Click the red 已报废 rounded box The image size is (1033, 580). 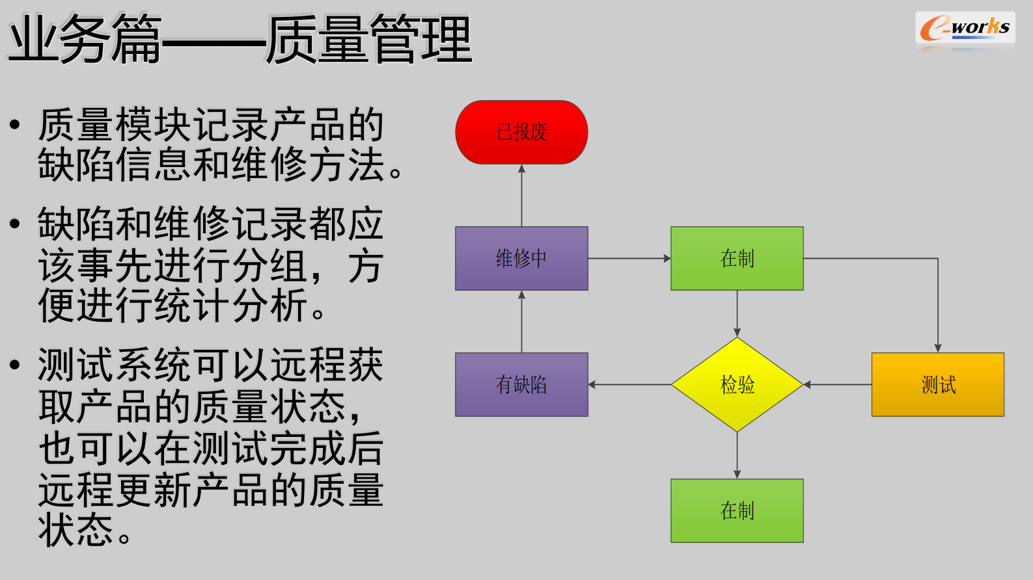pyautogui.click(x=521, y=132)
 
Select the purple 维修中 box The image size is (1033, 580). pyautogui.click(x=521, y=258)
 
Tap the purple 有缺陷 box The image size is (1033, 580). pyautogui.click(x=521, y=384)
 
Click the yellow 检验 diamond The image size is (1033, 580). pyautogui.click(x=737, y=384)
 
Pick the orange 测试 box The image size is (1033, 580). pyautogui.click(x=937, y=384)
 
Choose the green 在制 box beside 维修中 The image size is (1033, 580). pyautogui.click(x=737, y=258)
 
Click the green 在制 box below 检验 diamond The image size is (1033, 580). pyautogui.click(x=737, y=510)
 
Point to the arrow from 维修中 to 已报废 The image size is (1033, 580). pyautogui.click(x=521, y=195)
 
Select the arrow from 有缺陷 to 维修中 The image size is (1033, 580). pyautogui.click(x=521, y=321)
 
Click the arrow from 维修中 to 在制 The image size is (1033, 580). pyautogui.click(x=629, y=258)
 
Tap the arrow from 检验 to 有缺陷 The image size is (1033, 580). pyautogui.click(x=629, y=384)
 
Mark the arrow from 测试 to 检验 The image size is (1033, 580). pyautogui.click(x=838, y=384)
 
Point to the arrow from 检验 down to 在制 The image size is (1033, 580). pyautogui.click(x=737, y=455)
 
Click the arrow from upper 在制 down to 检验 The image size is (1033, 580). pyautogui.click(x=737, y=313)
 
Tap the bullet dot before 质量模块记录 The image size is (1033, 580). pyautogui.click(x=15, y=124)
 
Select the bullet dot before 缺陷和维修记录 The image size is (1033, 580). pyautogui.click(x=15, y=224)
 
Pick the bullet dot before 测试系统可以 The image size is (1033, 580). pyautogui.click(x=15, y=365)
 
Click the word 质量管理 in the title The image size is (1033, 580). pyautogui.click(x=368, y=40)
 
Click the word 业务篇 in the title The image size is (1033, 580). pyautogui.click(x=85, y=40)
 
